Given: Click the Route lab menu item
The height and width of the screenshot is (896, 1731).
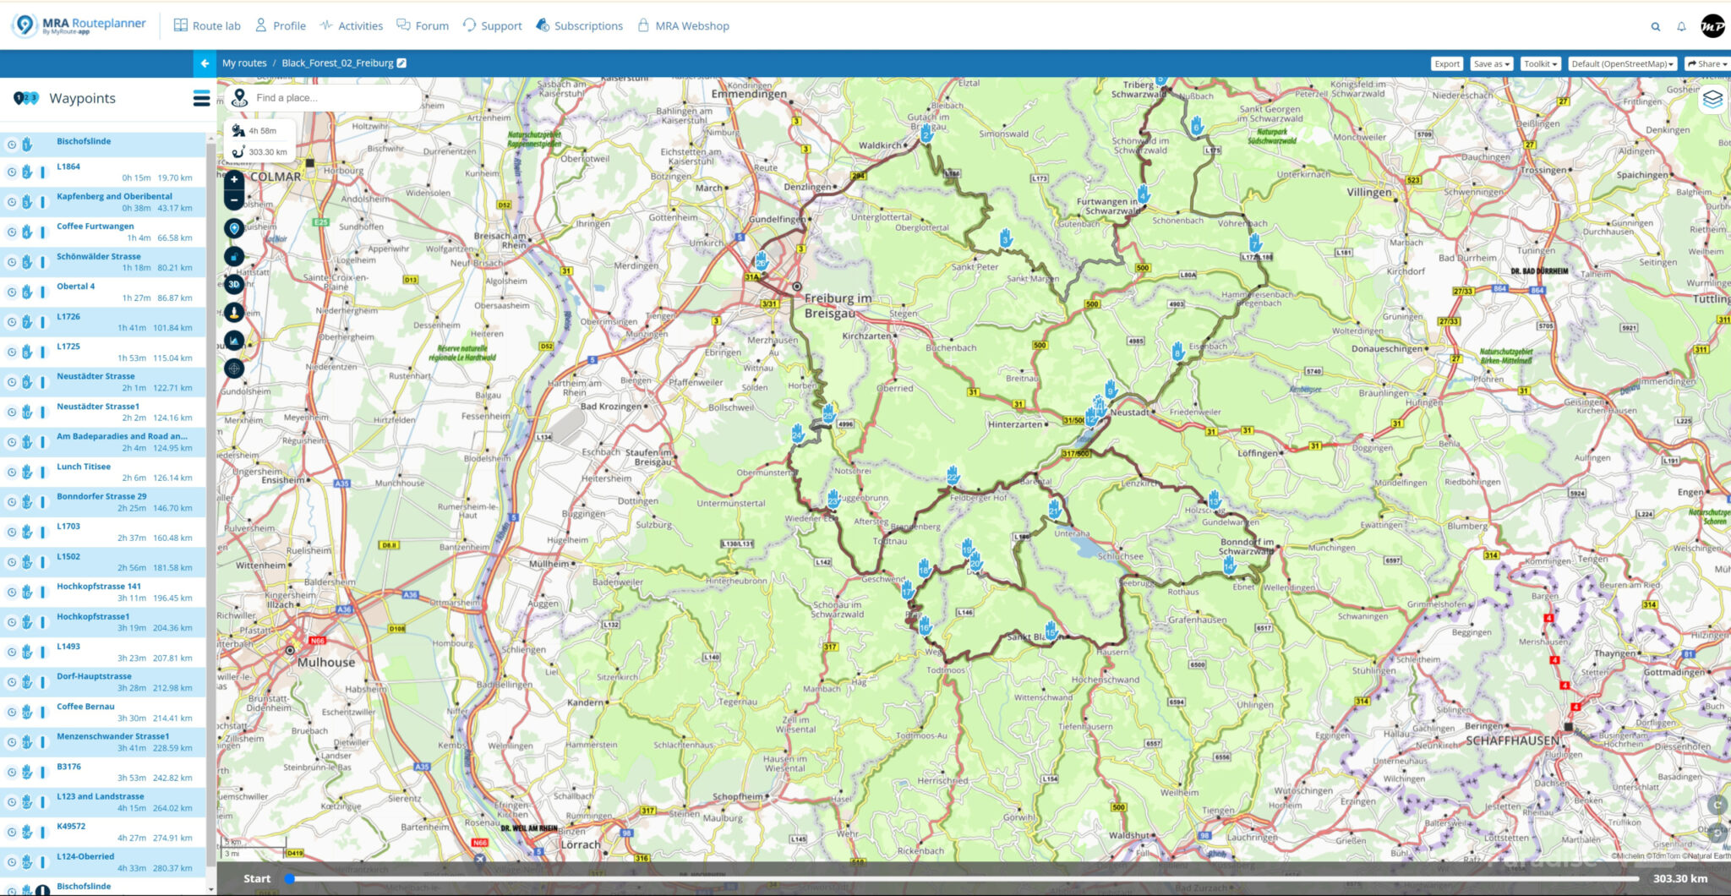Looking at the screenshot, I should pyautogui.click(x=207, y=26).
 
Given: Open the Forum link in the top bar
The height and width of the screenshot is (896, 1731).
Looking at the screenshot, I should pyautogui.click(x=423, y=26).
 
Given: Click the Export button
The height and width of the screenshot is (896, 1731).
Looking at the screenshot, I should pyautogui.click(x=1446, y=63).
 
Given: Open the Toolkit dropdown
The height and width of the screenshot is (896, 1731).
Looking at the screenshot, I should pyautogui.click(x=1540, y=63).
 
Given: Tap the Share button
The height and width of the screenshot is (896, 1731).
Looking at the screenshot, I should pyautogui.click(x=1706, y=63).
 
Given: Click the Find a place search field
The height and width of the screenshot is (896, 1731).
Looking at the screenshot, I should pyautogui.click(x=330, y=98).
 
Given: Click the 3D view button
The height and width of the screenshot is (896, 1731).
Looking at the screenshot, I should pyautogui.click(x=234, y=284).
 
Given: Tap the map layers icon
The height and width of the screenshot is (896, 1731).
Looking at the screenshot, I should pyautogui.click(x=1712, y=99).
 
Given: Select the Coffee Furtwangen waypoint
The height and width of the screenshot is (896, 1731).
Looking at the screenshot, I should pyautogui.click(x=96, y=227).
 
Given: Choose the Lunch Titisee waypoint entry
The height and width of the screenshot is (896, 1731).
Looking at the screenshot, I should pyautogui.click(x=84, y=467).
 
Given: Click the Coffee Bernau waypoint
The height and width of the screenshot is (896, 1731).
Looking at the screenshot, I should pyautogui.click(x=85, y=707).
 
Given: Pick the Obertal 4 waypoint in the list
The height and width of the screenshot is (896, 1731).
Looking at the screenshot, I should pyautogui.click(x=76, y=287).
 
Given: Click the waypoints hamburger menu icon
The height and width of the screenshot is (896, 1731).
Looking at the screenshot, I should pyautogui.click(x=201, y=99).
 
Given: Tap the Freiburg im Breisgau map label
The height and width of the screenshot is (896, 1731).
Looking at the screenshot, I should pyautogui.click(x=837, y=305).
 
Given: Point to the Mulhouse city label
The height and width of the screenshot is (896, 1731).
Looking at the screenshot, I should pyautogui.click(x=325, y=663).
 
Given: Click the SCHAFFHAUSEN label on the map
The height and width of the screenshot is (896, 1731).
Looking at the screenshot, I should pyautogui.click(x=1512, y=740).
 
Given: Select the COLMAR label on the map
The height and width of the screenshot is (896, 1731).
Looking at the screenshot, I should pyautogui.click(x=276, y=177).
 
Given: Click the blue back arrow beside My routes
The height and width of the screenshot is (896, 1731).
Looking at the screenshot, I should pyautogui.click(x=205, y=63).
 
